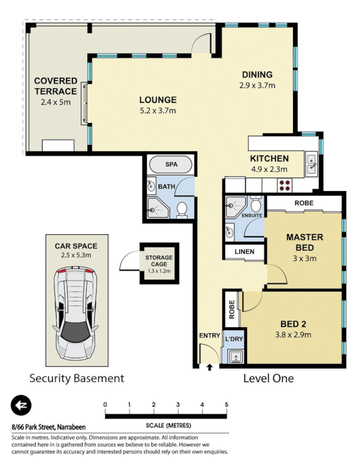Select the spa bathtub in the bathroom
pos(171,165)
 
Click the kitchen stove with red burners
pos(285,185)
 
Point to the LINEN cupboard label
pos(243,251)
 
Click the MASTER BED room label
pos(304,243)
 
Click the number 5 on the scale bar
pos(226,405)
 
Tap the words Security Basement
pos(77,379)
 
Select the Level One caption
pos(268,379)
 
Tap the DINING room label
pos(257,75)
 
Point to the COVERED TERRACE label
pos(55,86)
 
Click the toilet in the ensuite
pos(255,205)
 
